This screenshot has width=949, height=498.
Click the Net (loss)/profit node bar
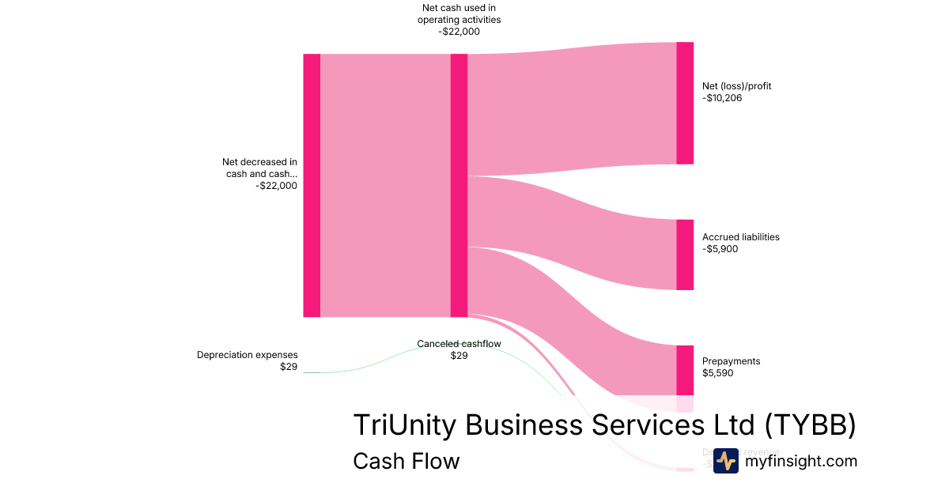(685, 103)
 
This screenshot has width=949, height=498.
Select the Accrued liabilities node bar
(685, 255)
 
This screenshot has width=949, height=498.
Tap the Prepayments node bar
(685, 369)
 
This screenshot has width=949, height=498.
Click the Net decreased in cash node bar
(312, 185)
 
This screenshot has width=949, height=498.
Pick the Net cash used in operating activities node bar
(459, 185)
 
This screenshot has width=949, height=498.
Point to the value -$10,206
(722, 98)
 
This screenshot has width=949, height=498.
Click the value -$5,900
(720, 249)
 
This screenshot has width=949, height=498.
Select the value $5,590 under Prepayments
(718, 373)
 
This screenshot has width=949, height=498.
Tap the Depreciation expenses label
(248, 355)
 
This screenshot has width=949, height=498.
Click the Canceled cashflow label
(459, 344)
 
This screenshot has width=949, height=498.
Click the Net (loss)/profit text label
(736, 86)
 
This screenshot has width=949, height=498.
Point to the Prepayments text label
(731, 361)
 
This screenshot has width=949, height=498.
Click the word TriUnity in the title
(404, 424)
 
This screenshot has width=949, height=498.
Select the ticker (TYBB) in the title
(811, 424)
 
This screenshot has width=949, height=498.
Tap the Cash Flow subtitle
(406, 461)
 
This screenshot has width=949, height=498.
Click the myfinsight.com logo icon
(725, 461)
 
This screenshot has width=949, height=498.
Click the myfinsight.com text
(801, 461)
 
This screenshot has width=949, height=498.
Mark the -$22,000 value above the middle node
(459, 32)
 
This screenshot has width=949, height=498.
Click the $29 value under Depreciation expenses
(289, 367)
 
